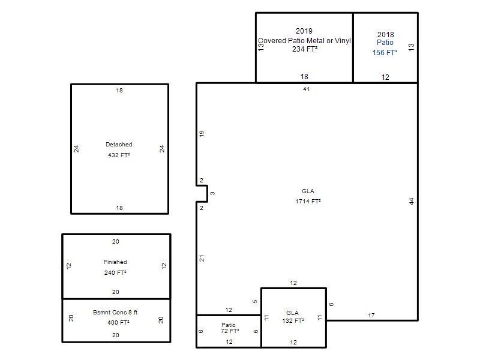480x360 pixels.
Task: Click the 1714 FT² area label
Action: (x=308, y=202)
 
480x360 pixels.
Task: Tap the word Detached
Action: (x=119, y=144)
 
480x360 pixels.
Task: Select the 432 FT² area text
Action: (x=119, y=155)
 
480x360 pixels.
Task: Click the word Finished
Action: (x=115, y=262)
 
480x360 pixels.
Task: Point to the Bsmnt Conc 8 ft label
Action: (x=115, y=312)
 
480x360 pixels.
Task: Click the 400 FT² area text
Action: (x=118, y=322)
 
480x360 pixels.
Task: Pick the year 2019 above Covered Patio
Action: (x=304, y=31)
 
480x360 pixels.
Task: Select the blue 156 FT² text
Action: (x=385, y=53)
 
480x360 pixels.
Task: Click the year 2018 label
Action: (x=385, y=35)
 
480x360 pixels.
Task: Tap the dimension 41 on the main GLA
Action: (x=307, y=89)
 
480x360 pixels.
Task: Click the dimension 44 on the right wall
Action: (x=412, y=202)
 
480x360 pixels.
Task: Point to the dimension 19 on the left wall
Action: (x=202, y=133)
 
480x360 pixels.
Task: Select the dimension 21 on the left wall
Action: (x=202, y=259)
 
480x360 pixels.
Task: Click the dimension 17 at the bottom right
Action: (x=371, y=315)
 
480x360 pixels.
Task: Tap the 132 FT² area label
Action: (x=293, y=321)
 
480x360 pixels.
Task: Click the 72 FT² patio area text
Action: (x=230, y=331)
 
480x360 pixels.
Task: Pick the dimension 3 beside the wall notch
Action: (x=212, y=193)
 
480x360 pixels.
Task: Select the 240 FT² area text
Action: (x=115, y=272)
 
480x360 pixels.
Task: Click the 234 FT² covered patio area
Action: (x=305, y=49)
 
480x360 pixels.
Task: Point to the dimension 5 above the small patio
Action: (x=254, y=302)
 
